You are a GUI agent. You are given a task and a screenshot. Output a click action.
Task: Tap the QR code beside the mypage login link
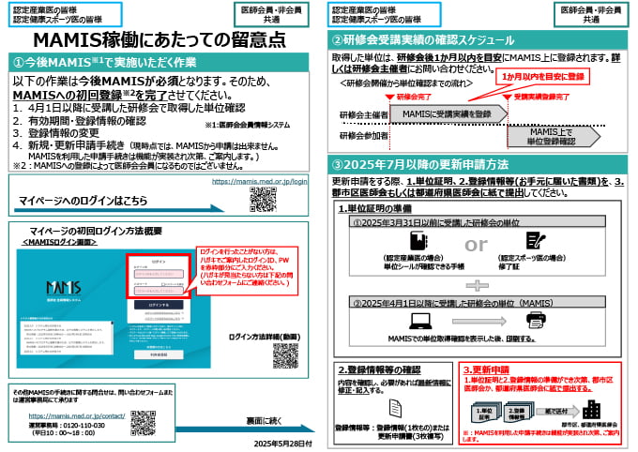point(264,199)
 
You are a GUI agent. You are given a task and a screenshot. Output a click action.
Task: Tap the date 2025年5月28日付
point(271,442)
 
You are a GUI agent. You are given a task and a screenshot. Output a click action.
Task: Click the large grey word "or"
point(477,245)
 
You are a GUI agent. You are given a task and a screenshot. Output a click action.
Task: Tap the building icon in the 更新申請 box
point(592,411)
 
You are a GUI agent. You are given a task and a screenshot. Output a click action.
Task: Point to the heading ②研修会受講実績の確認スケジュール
point(422,40)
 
